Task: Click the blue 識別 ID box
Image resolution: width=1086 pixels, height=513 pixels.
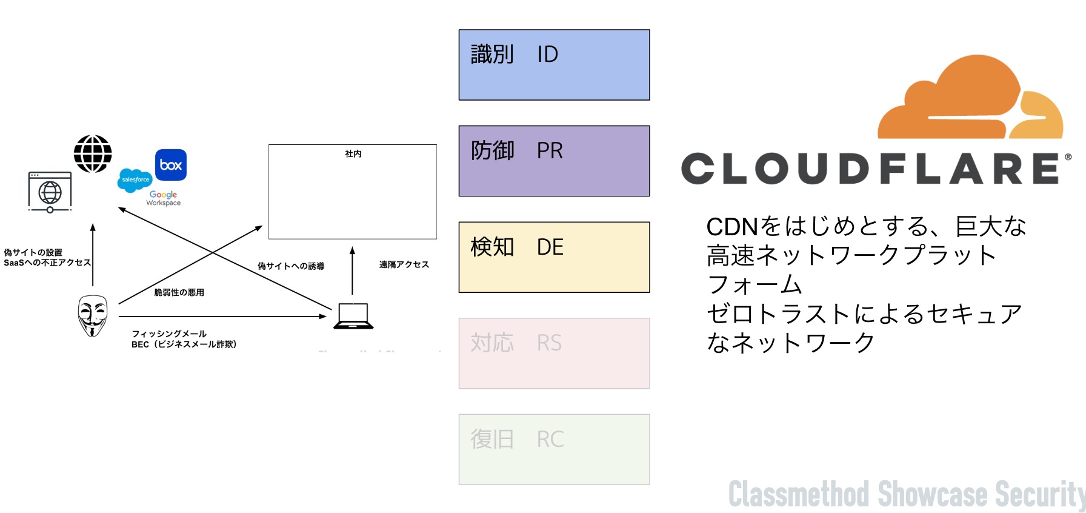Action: click(554, 65)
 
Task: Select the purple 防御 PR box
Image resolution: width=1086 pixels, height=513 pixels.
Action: click(554, 161)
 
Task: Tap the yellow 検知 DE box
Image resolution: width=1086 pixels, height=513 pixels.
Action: click(554, 257)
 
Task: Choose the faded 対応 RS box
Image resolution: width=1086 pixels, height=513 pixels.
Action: click(554, 353)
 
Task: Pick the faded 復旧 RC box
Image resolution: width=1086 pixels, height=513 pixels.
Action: click(554, 449)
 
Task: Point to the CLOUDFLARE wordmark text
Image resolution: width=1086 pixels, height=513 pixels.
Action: click(871, 169)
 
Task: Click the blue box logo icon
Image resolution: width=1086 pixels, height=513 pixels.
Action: click(171, 165)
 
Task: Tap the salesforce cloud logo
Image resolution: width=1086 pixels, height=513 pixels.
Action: click(135, 180)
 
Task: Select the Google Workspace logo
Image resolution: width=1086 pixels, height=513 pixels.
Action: click(164, 198)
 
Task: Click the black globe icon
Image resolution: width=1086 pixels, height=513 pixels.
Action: click(93, 154)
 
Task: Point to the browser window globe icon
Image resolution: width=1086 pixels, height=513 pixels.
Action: click(50, 192)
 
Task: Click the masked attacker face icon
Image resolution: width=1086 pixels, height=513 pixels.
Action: click(92, 315)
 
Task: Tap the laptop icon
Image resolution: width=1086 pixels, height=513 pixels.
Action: click(353, 316)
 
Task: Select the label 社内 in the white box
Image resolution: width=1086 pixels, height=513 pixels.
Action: click(353, 154)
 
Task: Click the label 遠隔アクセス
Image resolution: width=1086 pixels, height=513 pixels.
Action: click(404, 264)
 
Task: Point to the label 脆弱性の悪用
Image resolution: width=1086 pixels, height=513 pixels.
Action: click(179, 292)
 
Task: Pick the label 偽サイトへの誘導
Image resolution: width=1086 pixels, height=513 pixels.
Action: click(291, 266)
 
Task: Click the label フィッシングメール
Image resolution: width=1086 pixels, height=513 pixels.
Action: click(169, 334)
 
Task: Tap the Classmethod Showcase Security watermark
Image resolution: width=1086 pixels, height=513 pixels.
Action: click(906, 494)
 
